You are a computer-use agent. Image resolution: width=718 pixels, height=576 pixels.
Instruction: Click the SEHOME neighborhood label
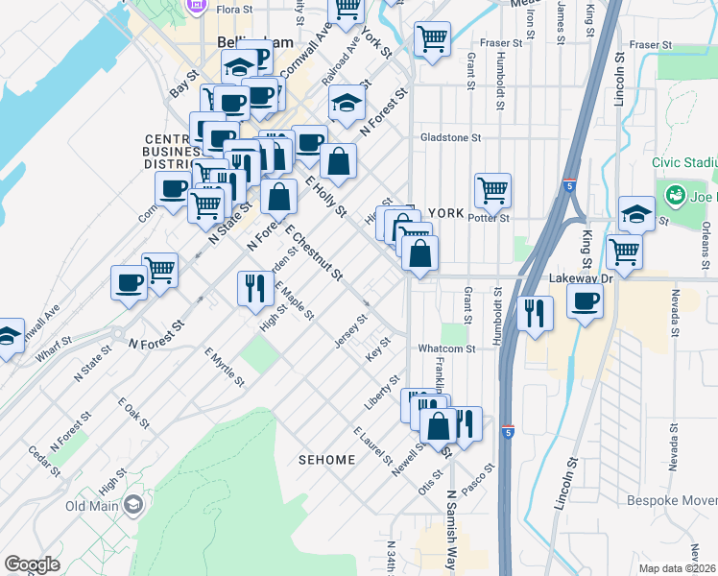[x=326, y=460]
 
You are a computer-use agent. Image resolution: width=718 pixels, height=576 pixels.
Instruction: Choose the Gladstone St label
[x=450, y=138]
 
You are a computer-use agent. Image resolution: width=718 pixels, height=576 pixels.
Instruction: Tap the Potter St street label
[x=488, y=219]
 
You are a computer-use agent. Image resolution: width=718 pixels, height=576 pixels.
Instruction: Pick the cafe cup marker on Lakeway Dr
[x=584, y=301]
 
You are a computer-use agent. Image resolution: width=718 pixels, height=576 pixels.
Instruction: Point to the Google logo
[x=32, y=564]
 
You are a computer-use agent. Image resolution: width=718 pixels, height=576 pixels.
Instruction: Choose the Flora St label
[x=234, y=9]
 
